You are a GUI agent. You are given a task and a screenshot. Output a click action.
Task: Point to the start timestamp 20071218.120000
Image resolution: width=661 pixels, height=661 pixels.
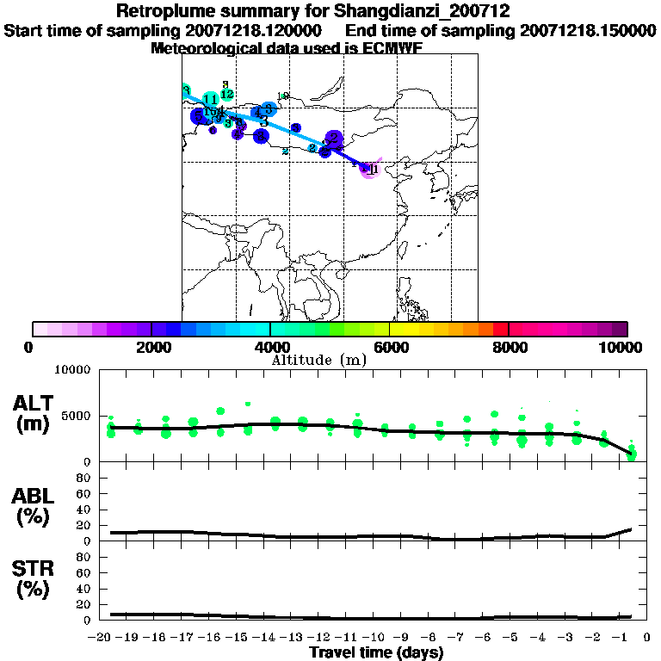point(254,31)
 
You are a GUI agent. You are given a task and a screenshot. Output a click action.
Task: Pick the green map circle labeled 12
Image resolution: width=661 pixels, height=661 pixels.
point(227,94)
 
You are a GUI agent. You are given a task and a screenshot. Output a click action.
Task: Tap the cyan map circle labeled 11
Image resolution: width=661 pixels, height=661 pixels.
point(210,100)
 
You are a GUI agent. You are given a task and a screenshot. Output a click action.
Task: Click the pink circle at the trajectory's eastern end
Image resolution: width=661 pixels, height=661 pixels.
point(369,169)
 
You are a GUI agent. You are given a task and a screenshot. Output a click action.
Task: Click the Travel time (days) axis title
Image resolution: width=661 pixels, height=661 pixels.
point(376,652)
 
